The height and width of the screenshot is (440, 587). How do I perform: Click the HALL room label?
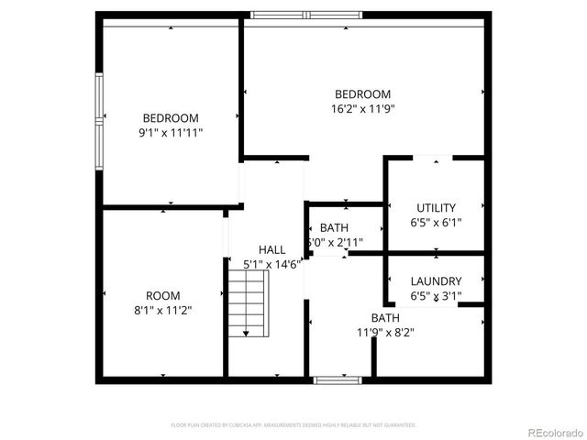pyautogui.click(x=271, y=249)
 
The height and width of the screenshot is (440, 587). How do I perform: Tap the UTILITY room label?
pyautogui.click(x=436, y=207)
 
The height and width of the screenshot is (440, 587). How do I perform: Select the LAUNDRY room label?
pyautogui.click(x=436, y=281)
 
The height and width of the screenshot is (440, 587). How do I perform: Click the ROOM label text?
pyautogui.click(x=163, y=295)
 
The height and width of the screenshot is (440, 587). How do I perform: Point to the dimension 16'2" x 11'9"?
pyautogui.click(x=362, y=108)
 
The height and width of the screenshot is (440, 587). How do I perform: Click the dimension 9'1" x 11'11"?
pyautogui.click(x=171, y=132)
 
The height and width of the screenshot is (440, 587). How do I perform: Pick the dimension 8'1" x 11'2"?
pyautogui.click(x=163, y=310)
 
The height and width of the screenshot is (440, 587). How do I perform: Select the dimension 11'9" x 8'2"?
pyautogui.click(x=385, y=333)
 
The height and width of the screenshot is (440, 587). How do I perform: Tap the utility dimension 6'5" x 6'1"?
pyautogui.click(x=436, y=222)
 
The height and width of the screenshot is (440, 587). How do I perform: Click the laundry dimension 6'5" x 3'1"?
pyautogui.click(x=436, y=295)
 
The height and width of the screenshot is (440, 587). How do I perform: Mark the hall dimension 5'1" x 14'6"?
pyautogui.click(x=272, y=264)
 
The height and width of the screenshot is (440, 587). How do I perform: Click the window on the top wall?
pyautogui.click(x=307, y=14)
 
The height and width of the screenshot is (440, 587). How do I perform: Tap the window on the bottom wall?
pyautogui.click(x=329, y=379)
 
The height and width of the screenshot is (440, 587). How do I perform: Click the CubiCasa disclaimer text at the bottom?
pyautogui.click(x=293, y=425)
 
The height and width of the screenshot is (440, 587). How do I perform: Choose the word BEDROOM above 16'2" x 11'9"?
pyautogui.click(x=362, y=93)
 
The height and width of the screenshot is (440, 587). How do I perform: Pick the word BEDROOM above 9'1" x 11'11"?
pyautogui.click(x=171, y=117)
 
